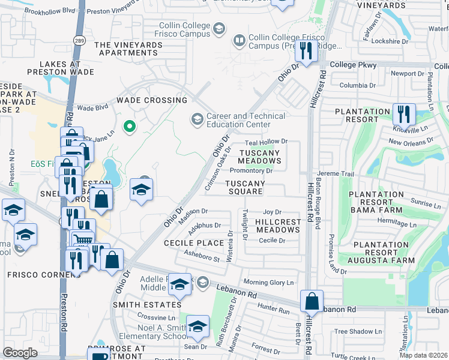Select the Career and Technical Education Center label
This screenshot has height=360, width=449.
point(238,120)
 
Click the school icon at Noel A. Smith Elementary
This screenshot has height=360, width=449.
point(197,326)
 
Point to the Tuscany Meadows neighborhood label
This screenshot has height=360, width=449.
point(259,157)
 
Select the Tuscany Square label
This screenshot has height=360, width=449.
point(244,187)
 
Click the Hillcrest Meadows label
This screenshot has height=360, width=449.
point(277,226)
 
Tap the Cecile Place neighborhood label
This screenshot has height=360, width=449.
point(194,243)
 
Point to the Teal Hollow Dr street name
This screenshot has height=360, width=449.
point(268,142)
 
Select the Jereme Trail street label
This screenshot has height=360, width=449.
point(337,173)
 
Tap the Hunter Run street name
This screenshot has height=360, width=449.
point(273,311)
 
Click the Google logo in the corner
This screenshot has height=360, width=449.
point(20,353)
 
